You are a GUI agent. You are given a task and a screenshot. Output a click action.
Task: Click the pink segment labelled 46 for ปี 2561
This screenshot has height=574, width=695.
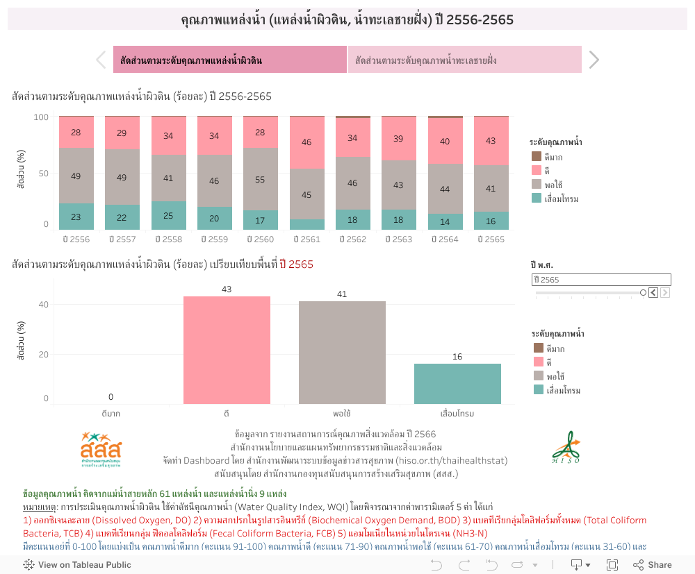pos(306,143)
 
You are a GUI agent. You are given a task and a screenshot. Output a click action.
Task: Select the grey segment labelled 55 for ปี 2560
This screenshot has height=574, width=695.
pos(261,179)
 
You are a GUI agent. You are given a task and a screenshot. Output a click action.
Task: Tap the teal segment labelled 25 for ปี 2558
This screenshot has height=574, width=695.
pos(168,215)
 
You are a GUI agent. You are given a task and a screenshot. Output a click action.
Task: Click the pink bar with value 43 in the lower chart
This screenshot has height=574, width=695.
pos(227,350)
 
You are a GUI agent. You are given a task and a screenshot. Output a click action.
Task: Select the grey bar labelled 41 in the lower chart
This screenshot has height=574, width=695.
pos(342,352)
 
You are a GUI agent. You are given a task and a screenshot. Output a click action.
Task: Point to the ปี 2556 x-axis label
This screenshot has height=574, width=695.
pos(76,239)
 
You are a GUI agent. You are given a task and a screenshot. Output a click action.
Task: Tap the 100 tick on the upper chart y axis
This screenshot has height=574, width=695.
pos(41,117)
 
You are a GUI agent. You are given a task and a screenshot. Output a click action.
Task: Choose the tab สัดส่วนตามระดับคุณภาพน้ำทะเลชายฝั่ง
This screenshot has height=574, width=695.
pos(464,60)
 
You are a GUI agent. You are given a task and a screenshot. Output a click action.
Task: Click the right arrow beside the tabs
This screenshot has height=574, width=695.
pos(594,60)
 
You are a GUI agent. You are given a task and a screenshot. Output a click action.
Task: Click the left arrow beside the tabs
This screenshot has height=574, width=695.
pos(101,60)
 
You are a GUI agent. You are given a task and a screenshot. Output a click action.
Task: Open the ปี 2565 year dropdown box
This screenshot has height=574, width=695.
pos(601,280)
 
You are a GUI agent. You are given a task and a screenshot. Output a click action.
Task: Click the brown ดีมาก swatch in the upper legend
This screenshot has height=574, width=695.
pos(537,156)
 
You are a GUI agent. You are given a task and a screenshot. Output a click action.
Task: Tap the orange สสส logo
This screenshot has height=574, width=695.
pos(100,448)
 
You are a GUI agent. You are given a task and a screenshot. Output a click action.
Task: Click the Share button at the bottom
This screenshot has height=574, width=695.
pos(653,565)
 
